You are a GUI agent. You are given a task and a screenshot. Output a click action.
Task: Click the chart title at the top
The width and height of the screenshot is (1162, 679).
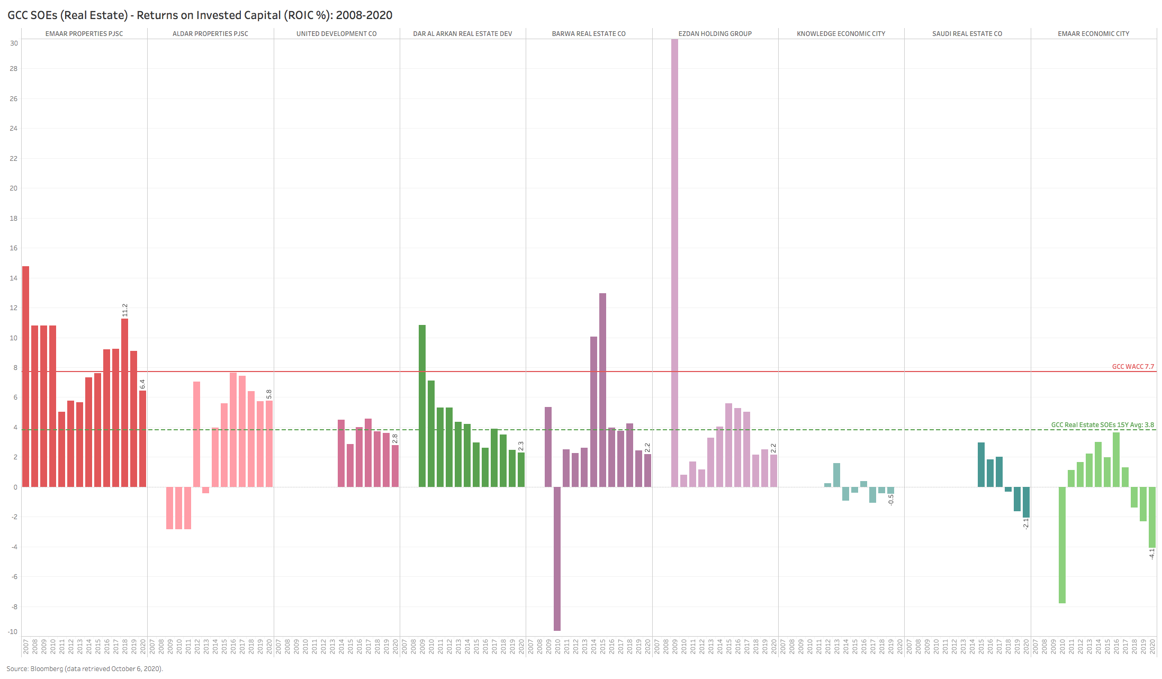point(200,15)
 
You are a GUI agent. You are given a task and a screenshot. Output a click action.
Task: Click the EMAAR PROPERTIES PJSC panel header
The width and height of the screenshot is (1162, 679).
point(84,34)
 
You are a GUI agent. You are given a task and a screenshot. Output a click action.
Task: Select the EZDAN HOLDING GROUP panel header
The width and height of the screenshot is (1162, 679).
point(715,34)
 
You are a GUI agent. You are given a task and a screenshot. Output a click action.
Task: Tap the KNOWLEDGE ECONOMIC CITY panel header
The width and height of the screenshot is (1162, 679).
point(841,34)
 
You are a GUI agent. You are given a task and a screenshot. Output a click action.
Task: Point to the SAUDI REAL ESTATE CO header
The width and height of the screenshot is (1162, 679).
point(967,34)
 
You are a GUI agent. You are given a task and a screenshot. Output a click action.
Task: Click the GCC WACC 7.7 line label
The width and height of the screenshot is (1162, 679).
point(1132,366)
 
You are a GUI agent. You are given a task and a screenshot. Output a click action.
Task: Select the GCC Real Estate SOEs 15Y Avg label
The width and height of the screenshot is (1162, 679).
point(1102,424)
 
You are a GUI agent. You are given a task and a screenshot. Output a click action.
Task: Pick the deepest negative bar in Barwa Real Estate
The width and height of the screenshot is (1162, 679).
point(557,558)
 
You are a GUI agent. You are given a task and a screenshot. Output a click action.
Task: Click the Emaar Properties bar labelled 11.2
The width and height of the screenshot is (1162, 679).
point(124,402)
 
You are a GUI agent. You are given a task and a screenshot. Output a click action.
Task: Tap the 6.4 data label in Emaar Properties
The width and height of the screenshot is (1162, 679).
point(142,384)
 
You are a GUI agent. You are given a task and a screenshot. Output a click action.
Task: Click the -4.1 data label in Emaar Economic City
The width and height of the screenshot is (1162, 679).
point(1151,554)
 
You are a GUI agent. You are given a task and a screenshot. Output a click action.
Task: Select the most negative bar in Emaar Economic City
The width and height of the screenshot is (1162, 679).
point(1062,545)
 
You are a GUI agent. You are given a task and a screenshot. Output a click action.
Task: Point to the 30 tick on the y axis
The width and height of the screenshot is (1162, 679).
point(14,43)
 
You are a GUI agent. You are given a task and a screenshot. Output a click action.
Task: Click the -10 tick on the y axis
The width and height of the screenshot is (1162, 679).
point(13,631)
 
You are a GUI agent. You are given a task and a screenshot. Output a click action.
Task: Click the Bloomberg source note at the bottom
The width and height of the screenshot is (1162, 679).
point(85,668)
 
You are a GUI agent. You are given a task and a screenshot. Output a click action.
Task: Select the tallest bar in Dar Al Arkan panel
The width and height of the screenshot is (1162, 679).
point(422,405)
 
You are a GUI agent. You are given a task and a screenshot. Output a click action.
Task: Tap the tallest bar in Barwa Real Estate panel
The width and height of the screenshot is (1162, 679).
point(602,390)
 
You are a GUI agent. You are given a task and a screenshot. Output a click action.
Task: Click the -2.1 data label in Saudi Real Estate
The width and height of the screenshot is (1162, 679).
point(1025,523)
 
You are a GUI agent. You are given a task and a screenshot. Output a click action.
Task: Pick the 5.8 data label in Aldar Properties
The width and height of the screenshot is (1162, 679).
point(269,394)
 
